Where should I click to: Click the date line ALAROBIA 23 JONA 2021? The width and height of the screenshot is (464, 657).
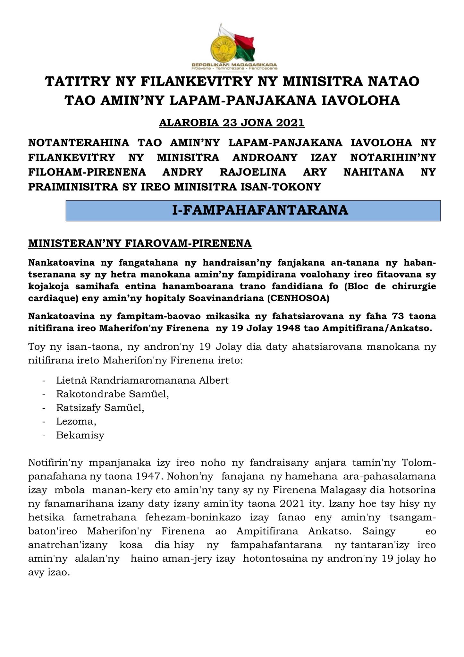[x=232, y=123]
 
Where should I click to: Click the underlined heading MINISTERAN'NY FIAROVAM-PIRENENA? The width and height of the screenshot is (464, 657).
[x=140, y=243]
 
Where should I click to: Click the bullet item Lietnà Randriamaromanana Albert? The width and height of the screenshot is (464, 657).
[x=142, y=380]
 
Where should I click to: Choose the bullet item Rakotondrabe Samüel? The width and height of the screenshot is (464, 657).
[x=113, y=394]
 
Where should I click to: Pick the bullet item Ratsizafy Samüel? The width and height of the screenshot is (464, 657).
[x=100, y=408]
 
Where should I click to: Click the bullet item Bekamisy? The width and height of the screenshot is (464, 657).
[x=80, y=435]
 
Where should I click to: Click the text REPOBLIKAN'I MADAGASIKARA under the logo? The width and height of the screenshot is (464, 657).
[x=234, y=64]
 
